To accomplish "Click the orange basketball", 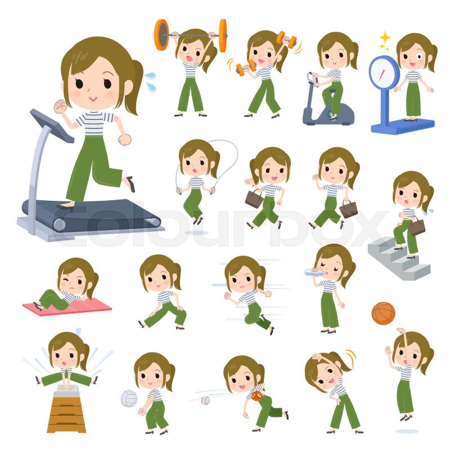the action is (x=383, y=313).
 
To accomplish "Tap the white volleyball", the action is (x=129, y=399).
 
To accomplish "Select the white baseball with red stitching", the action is (x=205, y=400).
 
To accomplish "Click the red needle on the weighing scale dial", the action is (x=382, y=75).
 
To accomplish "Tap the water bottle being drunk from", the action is (x=315, y=272).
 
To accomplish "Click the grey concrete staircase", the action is (x=399, y=258).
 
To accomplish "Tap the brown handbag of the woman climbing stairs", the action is (x=416, y=226).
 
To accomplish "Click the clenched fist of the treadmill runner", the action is (x=60, y=106).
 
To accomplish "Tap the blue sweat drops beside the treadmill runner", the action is (x=150, y=81).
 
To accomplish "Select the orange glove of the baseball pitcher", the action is (x=256, y=395).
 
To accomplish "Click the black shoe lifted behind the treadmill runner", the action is (x=131, y=184).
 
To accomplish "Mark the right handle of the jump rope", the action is (x=212, y=190).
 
